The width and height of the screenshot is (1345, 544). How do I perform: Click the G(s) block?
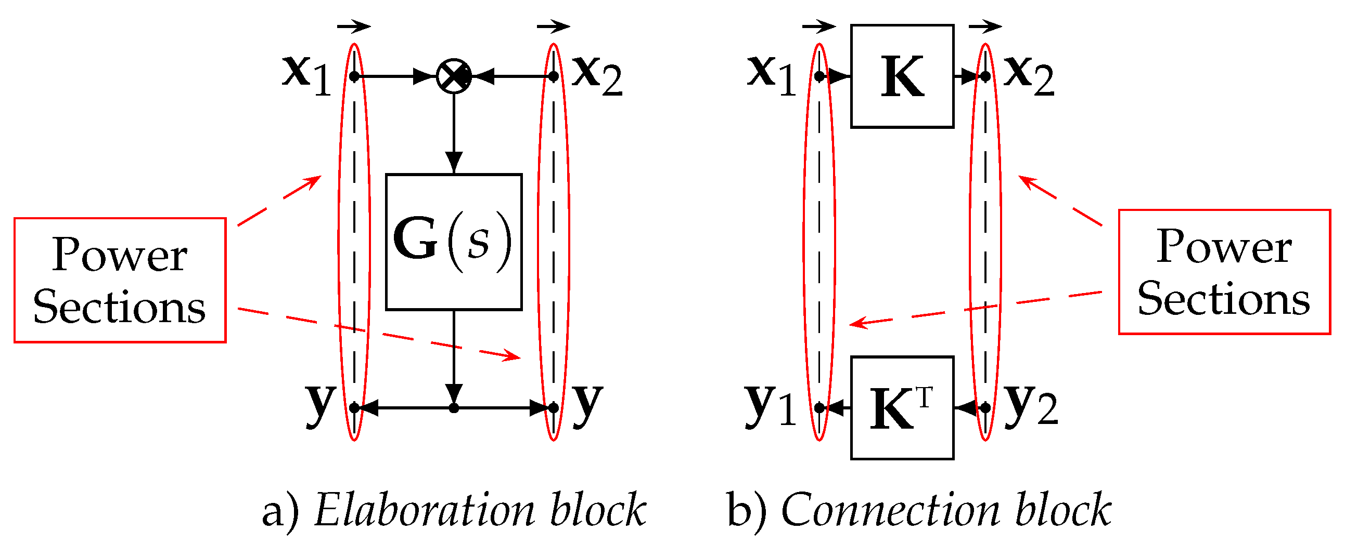(453, 242)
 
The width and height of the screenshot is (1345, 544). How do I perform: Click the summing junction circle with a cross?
(453, 76)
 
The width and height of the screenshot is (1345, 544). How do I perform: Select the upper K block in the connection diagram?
(902, 76)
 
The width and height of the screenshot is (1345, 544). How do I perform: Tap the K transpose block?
(902, 408)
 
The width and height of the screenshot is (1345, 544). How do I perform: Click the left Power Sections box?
(120, 280)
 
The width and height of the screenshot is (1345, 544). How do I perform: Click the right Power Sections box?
(1224, 272)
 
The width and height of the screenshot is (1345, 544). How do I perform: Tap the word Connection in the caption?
(890, 510)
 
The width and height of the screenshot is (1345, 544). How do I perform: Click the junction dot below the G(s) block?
(453, 408)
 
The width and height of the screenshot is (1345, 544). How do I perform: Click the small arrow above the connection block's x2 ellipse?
(985, 25)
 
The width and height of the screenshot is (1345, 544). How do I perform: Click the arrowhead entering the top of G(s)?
(453, 162)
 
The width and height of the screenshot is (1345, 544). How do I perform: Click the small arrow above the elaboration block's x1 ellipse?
(353, 25)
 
